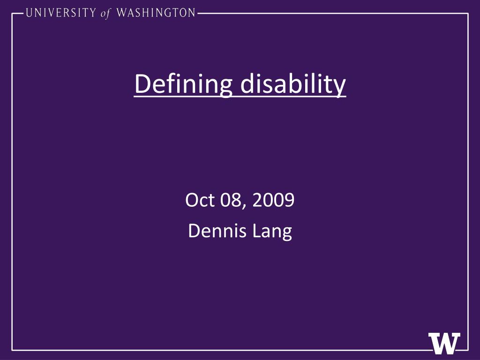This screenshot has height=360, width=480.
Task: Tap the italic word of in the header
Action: coord(105,14)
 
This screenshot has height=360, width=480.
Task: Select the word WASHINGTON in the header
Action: coord(156,13)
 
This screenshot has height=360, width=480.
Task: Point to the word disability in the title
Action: coord(293,84)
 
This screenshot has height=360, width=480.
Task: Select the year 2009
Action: coord(273,201)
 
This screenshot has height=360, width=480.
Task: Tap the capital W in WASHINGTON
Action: coord(120,13)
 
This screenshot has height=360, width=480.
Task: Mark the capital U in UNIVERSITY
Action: coord(30,13)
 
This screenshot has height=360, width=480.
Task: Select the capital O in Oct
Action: coord(191,201)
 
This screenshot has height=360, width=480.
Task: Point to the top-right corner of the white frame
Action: coord(468,14)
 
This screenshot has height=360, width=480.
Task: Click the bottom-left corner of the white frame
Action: coord(12,350)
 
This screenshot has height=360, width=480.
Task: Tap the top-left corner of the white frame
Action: coord(12,14)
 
